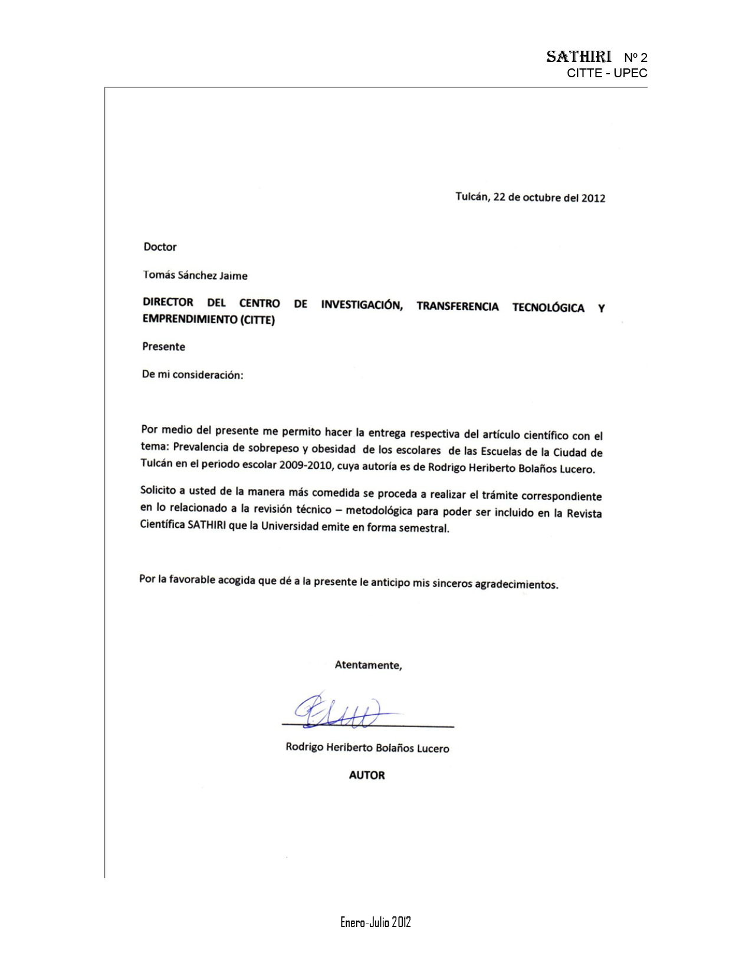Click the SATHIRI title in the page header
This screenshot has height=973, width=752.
pos(578,57)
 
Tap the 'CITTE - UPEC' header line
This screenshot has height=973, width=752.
pos(607,73)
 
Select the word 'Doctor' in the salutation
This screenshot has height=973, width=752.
pos(160,246)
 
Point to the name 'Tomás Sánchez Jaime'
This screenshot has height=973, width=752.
pos(195,275)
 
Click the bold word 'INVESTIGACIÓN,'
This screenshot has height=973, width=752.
pos(362,305)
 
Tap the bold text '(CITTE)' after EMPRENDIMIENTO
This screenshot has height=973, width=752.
pos(257,320)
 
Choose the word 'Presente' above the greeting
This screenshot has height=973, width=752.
pos(163,346)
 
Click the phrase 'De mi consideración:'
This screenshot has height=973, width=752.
pos(192,374)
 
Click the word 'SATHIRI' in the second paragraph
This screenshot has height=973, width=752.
pos(206,525)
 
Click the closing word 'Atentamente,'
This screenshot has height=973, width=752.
pos(368,665)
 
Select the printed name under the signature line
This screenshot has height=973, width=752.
pos(367,748)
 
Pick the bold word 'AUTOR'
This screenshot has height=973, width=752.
pos(366,775)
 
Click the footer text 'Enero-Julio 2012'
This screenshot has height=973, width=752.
pos(375,922)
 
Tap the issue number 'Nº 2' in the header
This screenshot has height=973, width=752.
pos(635,57)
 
